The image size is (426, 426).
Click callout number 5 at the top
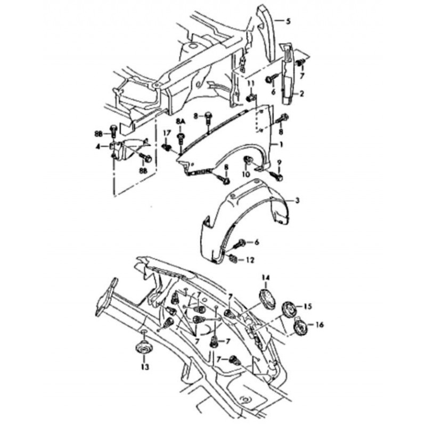tap(288, 21)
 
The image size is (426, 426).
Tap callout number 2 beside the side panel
tap(301, 94)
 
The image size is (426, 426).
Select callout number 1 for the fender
tap(281, 144)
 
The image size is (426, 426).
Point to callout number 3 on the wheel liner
tap(297, 201)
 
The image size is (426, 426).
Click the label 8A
tap(180, 121)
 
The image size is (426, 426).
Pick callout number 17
tap(167, 133)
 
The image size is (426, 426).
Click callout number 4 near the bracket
tap(97, 146)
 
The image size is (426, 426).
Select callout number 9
tap(280, 163)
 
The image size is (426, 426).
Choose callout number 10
tap(245, 174)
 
